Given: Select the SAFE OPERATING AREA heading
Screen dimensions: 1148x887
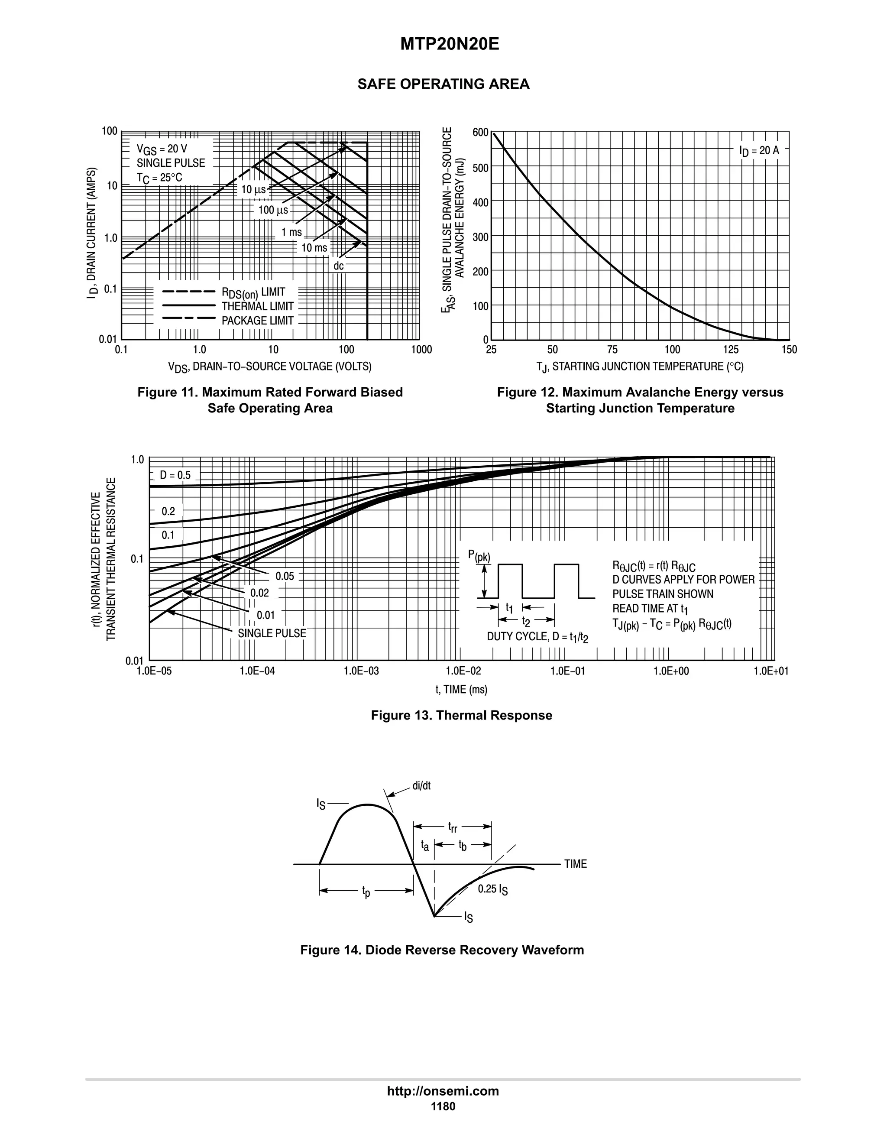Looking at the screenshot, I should point(443,84).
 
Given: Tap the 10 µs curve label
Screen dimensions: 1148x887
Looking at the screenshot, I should point(254,190).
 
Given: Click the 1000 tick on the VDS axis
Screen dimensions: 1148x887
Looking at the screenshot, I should point(421,350).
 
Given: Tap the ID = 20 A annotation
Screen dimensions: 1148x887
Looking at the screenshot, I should point(759,151).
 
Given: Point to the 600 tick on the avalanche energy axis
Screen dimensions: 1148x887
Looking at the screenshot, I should point(480,133).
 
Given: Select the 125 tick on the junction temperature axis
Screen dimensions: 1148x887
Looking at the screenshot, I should point(730,350).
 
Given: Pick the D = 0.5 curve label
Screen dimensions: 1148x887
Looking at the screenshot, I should point(175,475).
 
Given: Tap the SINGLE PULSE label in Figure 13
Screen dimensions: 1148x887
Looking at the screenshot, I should point(272,633).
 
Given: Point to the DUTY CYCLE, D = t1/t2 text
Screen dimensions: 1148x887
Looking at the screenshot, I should point(537,637).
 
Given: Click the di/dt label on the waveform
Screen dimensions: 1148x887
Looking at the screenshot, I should point(421,786).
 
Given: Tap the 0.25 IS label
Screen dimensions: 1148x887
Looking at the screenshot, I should point(492,889).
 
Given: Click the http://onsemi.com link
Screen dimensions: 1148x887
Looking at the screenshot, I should point(443,1091).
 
